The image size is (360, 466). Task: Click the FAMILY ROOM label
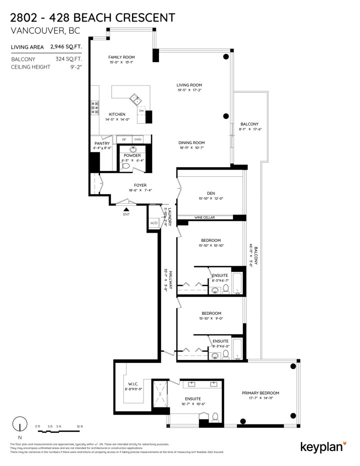coord(122,57)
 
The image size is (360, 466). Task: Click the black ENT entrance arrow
coord(126,210)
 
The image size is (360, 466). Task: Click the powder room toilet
coord(126,166)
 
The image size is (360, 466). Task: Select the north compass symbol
coord(20,423)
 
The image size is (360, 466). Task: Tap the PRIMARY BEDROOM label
coord(260,393)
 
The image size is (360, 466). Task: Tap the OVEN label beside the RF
coord(137,139)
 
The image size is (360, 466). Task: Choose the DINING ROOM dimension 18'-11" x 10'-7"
coord(192,148)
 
